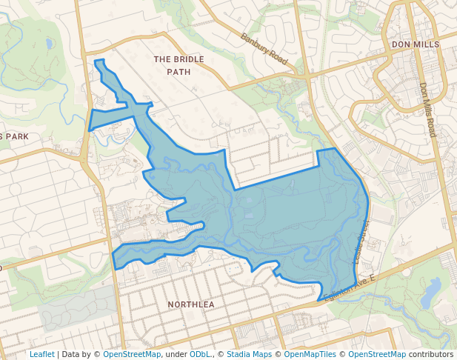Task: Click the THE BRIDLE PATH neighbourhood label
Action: point(172,64)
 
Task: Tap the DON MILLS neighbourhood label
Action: point(416,44)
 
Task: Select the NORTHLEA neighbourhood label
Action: point(190,304)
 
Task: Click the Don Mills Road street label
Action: point(427,109)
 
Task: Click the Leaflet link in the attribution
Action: point(41,354)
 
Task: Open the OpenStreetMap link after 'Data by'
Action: point(132,354)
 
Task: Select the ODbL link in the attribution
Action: point(200,354)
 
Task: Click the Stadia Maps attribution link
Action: point(248,354)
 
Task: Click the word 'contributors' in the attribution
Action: point(432,354)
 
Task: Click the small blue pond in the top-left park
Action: point(49,44)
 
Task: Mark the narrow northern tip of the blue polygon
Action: point(99,62)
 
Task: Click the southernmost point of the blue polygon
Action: point(321,299)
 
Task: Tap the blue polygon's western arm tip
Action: point(115,259)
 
